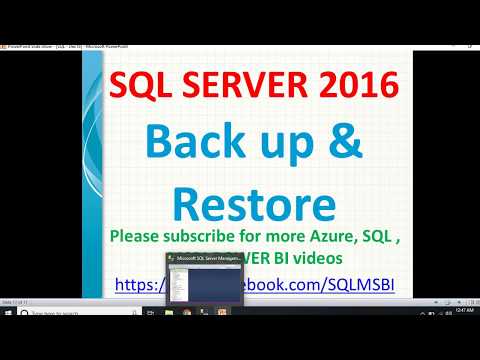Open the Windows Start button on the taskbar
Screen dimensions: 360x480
[7, 312]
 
